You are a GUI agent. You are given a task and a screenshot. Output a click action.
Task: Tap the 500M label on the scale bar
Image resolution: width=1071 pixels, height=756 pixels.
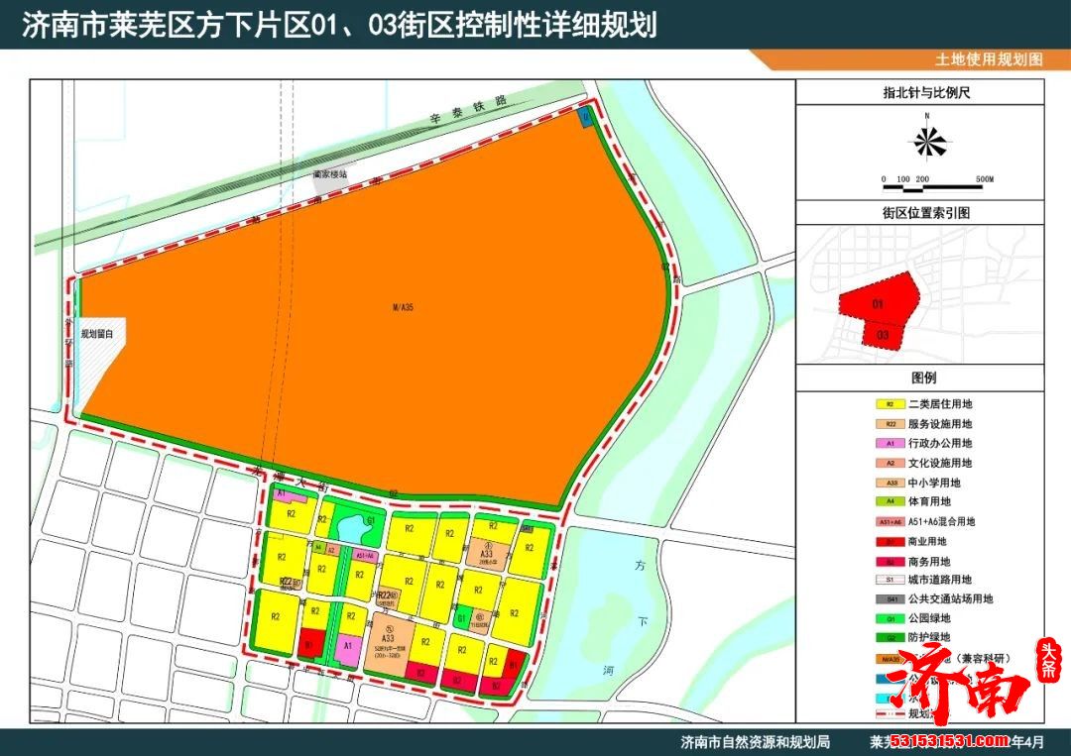pyautogui.click(x=984, y=179)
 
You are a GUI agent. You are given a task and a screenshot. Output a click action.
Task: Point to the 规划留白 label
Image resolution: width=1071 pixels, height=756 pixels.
pyautogui.click(x=97, y=335)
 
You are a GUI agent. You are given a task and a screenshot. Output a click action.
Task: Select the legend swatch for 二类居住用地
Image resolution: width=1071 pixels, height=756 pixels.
pyautogui.click(x=891, y=404)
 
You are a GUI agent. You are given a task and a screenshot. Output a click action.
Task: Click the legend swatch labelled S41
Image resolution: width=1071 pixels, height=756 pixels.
pyautogui.click(x=891, y=598)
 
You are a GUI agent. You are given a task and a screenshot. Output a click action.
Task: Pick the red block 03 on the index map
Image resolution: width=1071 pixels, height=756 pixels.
pyautogui.click(x=883, y=336)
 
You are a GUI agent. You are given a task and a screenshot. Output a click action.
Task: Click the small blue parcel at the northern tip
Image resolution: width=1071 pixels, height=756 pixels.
pyautogui.click(x=585, y=118)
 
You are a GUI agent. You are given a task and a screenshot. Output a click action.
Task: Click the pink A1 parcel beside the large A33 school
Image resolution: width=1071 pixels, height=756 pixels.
pyautogui.click(x=348, y=648)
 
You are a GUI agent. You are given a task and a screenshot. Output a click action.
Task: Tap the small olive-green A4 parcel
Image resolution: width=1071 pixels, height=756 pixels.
pyautogui.click(x=318, y=547)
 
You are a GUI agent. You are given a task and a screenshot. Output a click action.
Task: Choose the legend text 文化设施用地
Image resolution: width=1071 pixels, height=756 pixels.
pyautogui.click(x=940, y=463)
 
